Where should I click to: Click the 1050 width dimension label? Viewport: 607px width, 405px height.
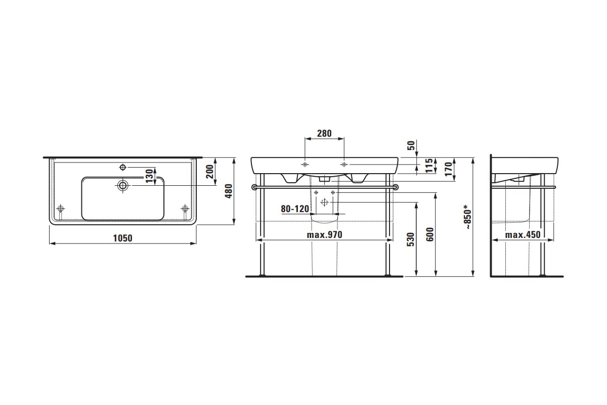coord(122,238)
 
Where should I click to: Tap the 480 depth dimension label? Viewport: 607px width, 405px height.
coord(229,191)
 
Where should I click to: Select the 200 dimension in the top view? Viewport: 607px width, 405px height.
coord(210,172)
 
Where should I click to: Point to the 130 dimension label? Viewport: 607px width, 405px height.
coord(149,176)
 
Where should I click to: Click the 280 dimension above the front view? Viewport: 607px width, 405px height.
coord(324,134)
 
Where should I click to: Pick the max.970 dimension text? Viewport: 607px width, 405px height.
coord(324,234)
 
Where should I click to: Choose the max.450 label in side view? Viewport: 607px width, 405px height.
coord(523,234)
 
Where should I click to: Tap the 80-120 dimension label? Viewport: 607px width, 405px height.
coord(295,209)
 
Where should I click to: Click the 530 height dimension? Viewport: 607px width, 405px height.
coord(411,239)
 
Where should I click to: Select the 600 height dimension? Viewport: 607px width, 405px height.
coord(430,234)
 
